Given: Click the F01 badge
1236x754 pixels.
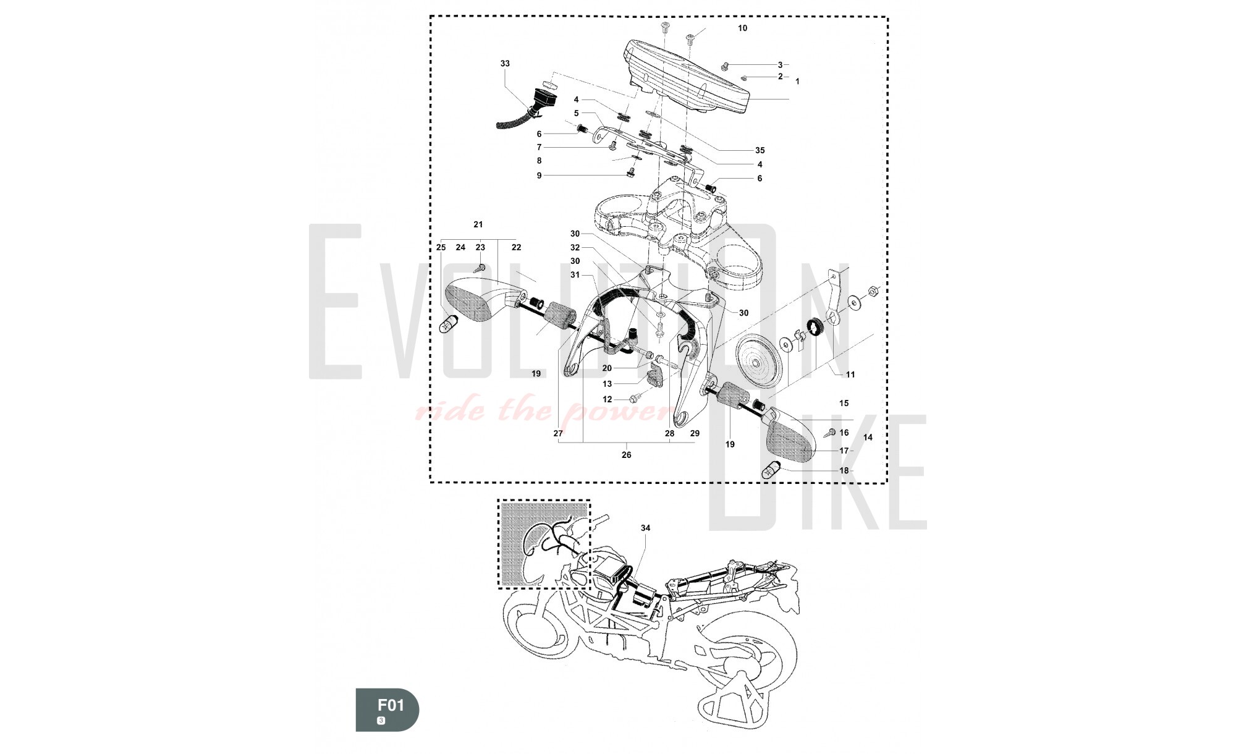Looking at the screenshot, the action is [x=387, y=710].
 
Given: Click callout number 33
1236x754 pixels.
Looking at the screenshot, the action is [x=505, y=64].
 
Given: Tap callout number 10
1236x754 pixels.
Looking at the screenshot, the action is [x=742, y=28].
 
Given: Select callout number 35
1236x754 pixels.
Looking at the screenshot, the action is [x=760, y=150].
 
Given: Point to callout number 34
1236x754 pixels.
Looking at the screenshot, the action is [x=645, y=528].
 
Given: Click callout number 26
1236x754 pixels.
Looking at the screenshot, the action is [x=626, y=455].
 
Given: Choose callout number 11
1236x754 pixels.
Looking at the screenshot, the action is [x=850, y=375].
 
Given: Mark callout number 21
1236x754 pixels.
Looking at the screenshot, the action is [x=478, y=225].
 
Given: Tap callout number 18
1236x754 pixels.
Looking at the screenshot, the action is [x=844, y=471].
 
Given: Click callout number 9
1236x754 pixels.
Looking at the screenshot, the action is [x=539, y=176].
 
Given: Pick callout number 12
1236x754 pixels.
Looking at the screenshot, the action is [x=607, y=400].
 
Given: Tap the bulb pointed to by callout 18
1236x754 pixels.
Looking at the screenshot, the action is [x=772, y=470].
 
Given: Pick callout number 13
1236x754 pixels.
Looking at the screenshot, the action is [x=607, y=384].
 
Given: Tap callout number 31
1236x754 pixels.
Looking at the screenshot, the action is [x=575, y=275].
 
